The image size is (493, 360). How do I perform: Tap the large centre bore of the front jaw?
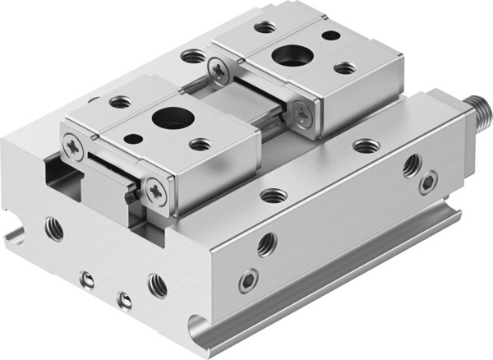tap(173, 117)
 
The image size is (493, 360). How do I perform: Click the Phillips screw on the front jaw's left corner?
tap(71, 147)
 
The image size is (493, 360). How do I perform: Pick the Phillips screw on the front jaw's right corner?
tap(156, 192)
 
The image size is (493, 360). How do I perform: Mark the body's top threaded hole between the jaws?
tap(193, 57)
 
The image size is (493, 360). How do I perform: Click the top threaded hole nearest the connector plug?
tap(366, 146)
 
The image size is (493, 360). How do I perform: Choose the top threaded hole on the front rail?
tap(274, 196)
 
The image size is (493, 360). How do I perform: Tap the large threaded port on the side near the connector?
tap(412, 166)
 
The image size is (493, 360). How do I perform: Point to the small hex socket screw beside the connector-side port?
tap(428, 182)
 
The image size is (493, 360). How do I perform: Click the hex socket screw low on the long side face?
tap(249, 281)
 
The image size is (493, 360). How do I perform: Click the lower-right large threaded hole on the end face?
tap(157, 285)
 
